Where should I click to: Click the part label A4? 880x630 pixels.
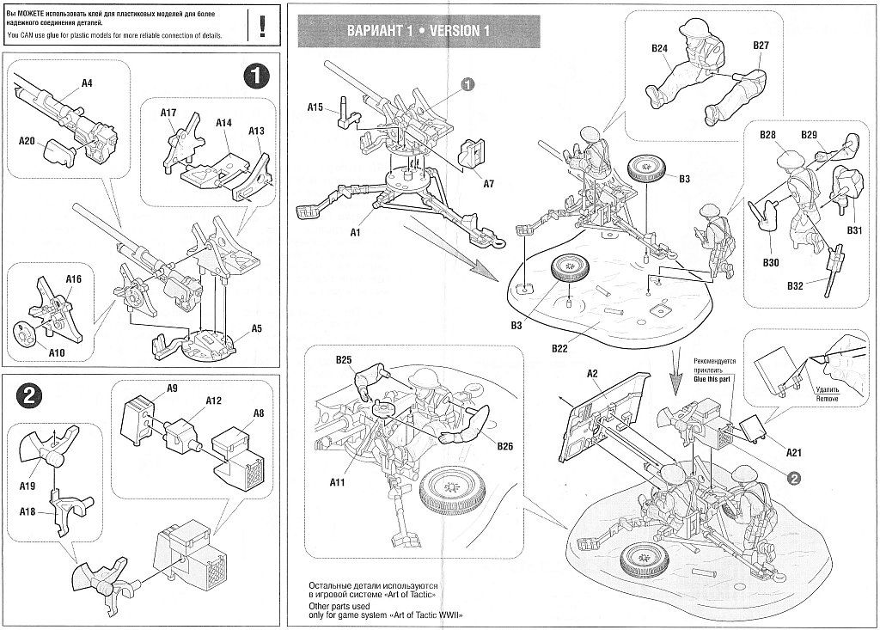coord(87,83)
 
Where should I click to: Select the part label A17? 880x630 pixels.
coord(168,113)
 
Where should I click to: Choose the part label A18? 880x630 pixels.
coord(29,511)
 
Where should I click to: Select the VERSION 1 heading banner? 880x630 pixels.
coord(418,31)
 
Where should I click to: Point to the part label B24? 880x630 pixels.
coord(659,49)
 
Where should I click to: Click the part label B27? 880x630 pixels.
coord(761,45)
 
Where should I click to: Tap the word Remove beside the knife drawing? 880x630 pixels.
coord(828,400)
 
